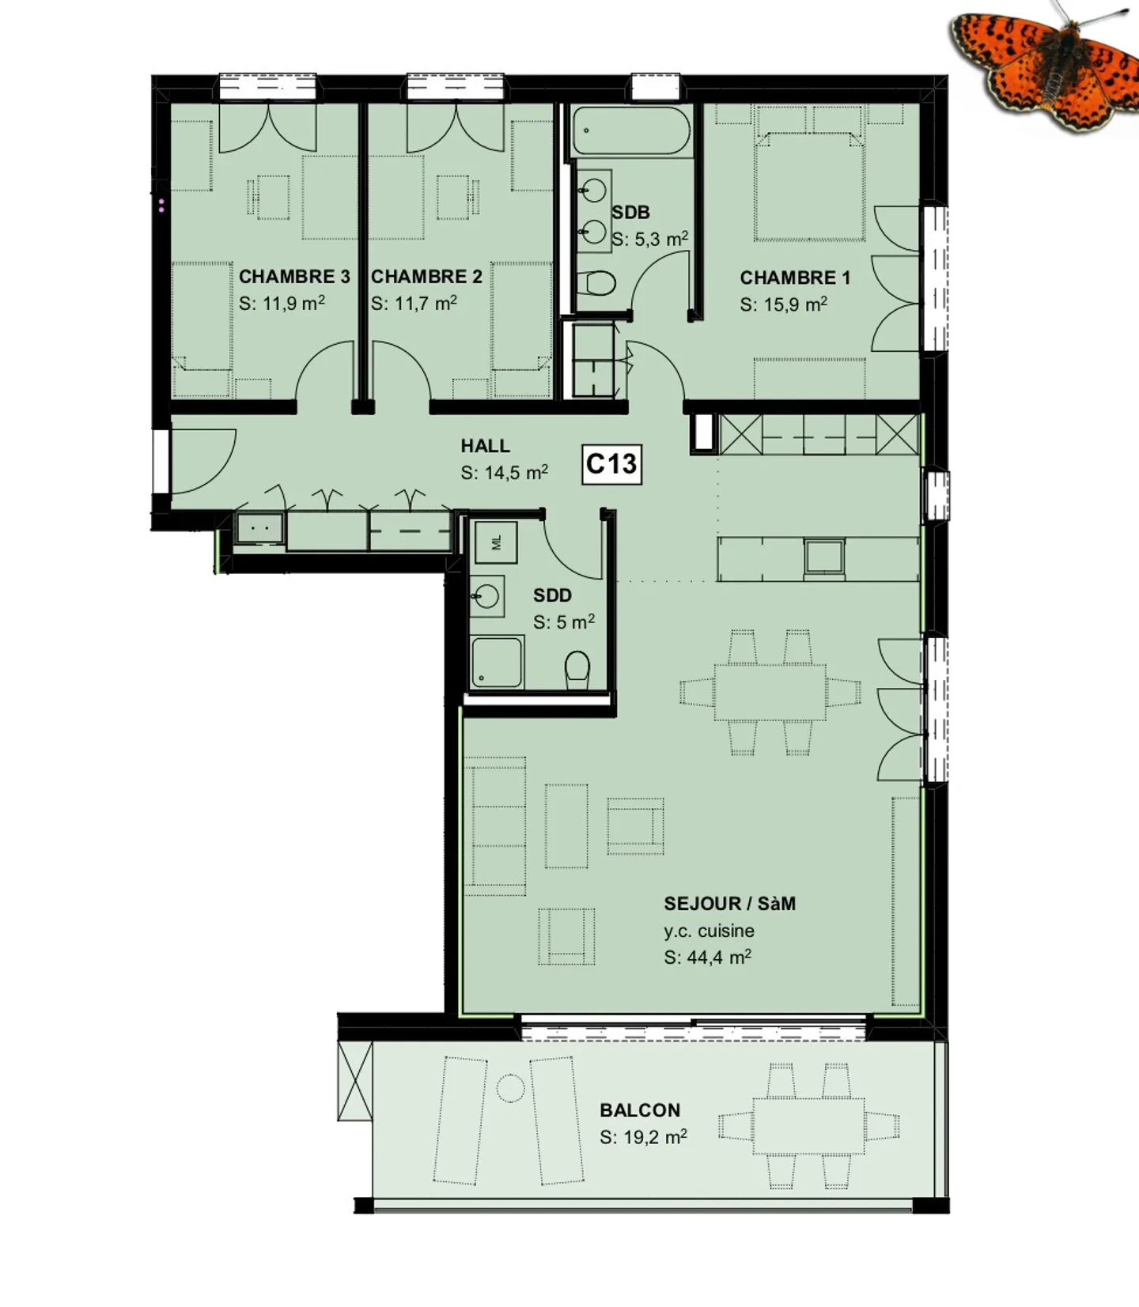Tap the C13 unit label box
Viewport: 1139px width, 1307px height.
pyautogui.click(x=611, y=464)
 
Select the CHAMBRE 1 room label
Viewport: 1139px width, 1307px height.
pyautogui.click(x=795, y=278)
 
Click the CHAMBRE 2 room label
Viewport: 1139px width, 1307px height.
pyautogui.click(x=426, y=277)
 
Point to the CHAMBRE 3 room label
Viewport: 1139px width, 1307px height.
pyautogui.click(x=294, y=277)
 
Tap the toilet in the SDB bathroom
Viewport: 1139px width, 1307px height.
pyautogui.click(x=596, y=282)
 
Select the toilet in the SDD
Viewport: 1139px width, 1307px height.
pyautogui.click(x=577, y=670)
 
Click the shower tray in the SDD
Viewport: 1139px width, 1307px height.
pyautogui.click(x=497, y=663)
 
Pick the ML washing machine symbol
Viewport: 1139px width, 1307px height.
pyautogui.click(x=496, y=542)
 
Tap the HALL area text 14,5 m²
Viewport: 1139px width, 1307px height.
pyautogui.click(x=505, y=473)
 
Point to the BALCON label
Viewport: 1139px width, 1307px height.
pyautogui.click(x=640, y=1110)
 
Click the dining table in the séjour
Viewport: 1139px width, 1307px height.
pyautogui.click(x=770, y=693)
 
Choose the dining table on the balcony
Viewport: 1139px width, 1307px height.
pyautogui.click(x=808, y=1126)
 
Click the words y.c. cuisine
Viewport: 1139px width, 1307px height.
pyautogui.click(x=709, y=931)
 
